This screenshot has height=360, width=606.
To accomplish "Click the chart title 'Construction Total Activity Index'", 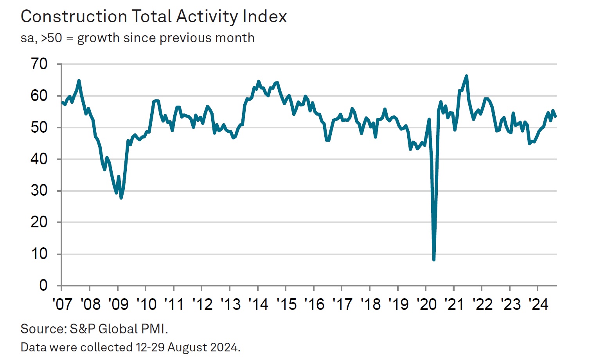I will (154, 17).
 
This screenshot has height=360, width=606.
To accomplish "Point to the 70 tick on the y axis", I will (39, 64).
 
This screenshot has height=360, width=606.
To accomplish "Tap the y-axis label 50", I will (39, 127).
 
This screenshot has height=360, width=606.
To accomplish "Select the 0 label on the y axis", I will (43, 285).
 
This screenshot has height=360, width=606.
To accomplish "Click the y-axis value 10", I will (39, 254).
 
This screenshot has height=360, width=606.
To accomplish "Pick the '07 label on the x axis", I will (62, 304).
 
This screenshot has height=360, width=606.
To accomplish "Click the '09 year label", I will (118, 304).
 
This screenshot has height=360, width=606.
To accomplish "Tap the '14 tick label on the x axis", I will (258, 304).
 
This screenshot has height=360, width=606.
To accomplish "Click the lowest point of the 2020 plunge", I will (434, 259).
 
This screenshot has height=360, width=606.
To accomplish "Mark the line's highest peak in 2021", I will (466, 76).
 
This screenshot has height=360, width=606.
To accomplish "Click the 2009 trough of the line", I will (121, 198).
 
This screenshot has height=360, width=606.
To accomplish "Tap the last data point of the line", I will (555, 116).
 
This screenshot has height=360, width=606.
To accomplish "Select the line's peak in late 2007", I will (79, 81).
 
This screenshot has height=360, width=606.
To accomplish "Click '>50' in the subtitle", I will (51, 38).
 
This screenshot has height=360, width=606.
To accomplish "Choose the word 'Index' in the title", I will (265, 17).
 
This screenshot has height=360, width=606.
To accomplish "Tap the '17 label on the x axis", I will (342, 304).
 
